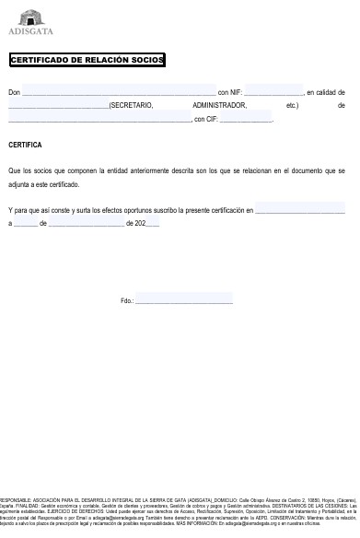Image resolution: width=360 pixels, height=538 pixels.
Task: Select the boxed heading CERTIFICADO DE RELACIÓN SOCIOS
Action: pyautogui.click(x=87, y=61)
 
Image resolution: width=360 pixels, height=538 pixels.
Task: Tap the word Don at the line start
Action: pyautogui.click(x=14, y=93)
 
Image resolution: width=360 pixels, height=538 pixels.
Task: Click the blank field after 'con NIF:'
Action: pyautogui.click(x=273, y=93)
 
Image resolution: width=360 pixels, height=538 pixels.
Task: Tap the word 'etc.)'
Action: pyautogui.click(x=293, y=106)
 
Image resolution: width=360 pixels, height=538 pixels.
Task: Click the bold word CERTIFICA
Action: pyautogui.click(x=25, y=146)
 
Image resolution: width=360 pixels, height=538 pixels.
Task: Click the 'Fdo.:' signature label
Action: pyautogui.click(x=127, y=301)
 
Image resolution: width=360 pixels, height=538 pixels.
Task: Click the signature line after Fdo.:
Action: pyautogui.click(x=184, y=301)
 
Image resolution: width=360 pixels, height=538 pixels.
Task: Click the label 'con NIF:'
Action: pyautogui.click(x=229, y=93)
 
